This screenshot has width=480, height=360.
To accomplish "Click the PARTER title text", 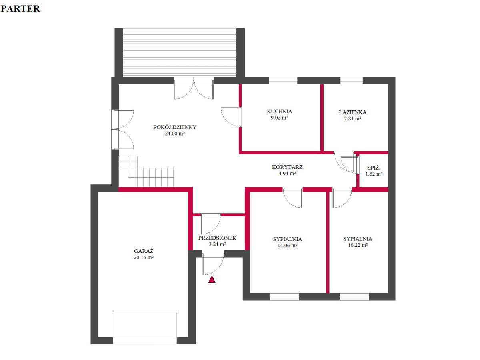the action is tap(20, 8).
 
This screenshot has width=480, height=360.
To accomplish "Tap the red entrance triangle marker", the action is tap(212, 280).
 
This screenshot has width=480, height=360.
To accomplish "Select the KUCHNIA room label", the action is tap(279, 111).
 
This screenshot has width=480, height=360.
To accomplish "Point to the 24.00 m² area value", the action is tap(175, 133).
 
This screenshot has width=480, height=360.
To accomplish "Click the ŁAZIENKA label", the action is tap(352, 112).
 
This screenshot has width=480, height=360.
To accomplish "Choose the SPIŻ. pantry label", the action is tap(374, 168).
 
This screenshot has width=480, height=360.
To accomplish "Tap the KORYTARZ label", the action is tap(287, 167).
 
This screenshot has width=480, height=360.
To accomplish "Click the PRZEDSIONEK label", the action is tap(217, 238).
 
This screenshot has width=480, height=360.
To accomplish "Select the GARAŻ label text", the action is tap(144, 251).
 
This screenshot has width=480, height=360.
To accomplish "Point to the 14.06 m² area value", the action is tap(287, 246).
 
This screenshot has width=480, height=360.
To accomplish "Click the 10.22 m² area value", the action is tap(358, 245).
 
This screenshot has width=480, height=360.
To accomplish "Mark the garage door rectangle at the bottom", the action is tap(145, 328).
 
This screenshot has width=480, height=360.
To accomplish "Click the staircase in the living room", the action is tap(146, 172).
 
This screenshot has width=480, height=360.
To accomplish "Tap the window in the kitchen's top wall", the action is tap(283, 81).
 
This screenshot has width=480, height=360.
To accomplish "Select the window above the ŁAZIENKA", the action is tap(352, 81).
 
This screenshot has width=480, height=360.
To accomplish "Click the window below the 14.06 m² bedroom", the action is tap(284, 297).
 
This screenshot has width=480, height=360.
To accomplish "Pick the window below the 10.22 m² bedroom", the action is tap(354, 297).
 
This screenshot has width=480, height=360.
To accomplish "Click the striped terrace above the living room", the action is tap(180, 52).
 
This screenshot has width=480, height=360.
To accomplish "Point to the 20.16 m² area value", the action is tap(144, 258).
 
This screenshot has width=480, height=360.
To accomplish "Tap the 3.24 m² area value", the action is tap(217, 244).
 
